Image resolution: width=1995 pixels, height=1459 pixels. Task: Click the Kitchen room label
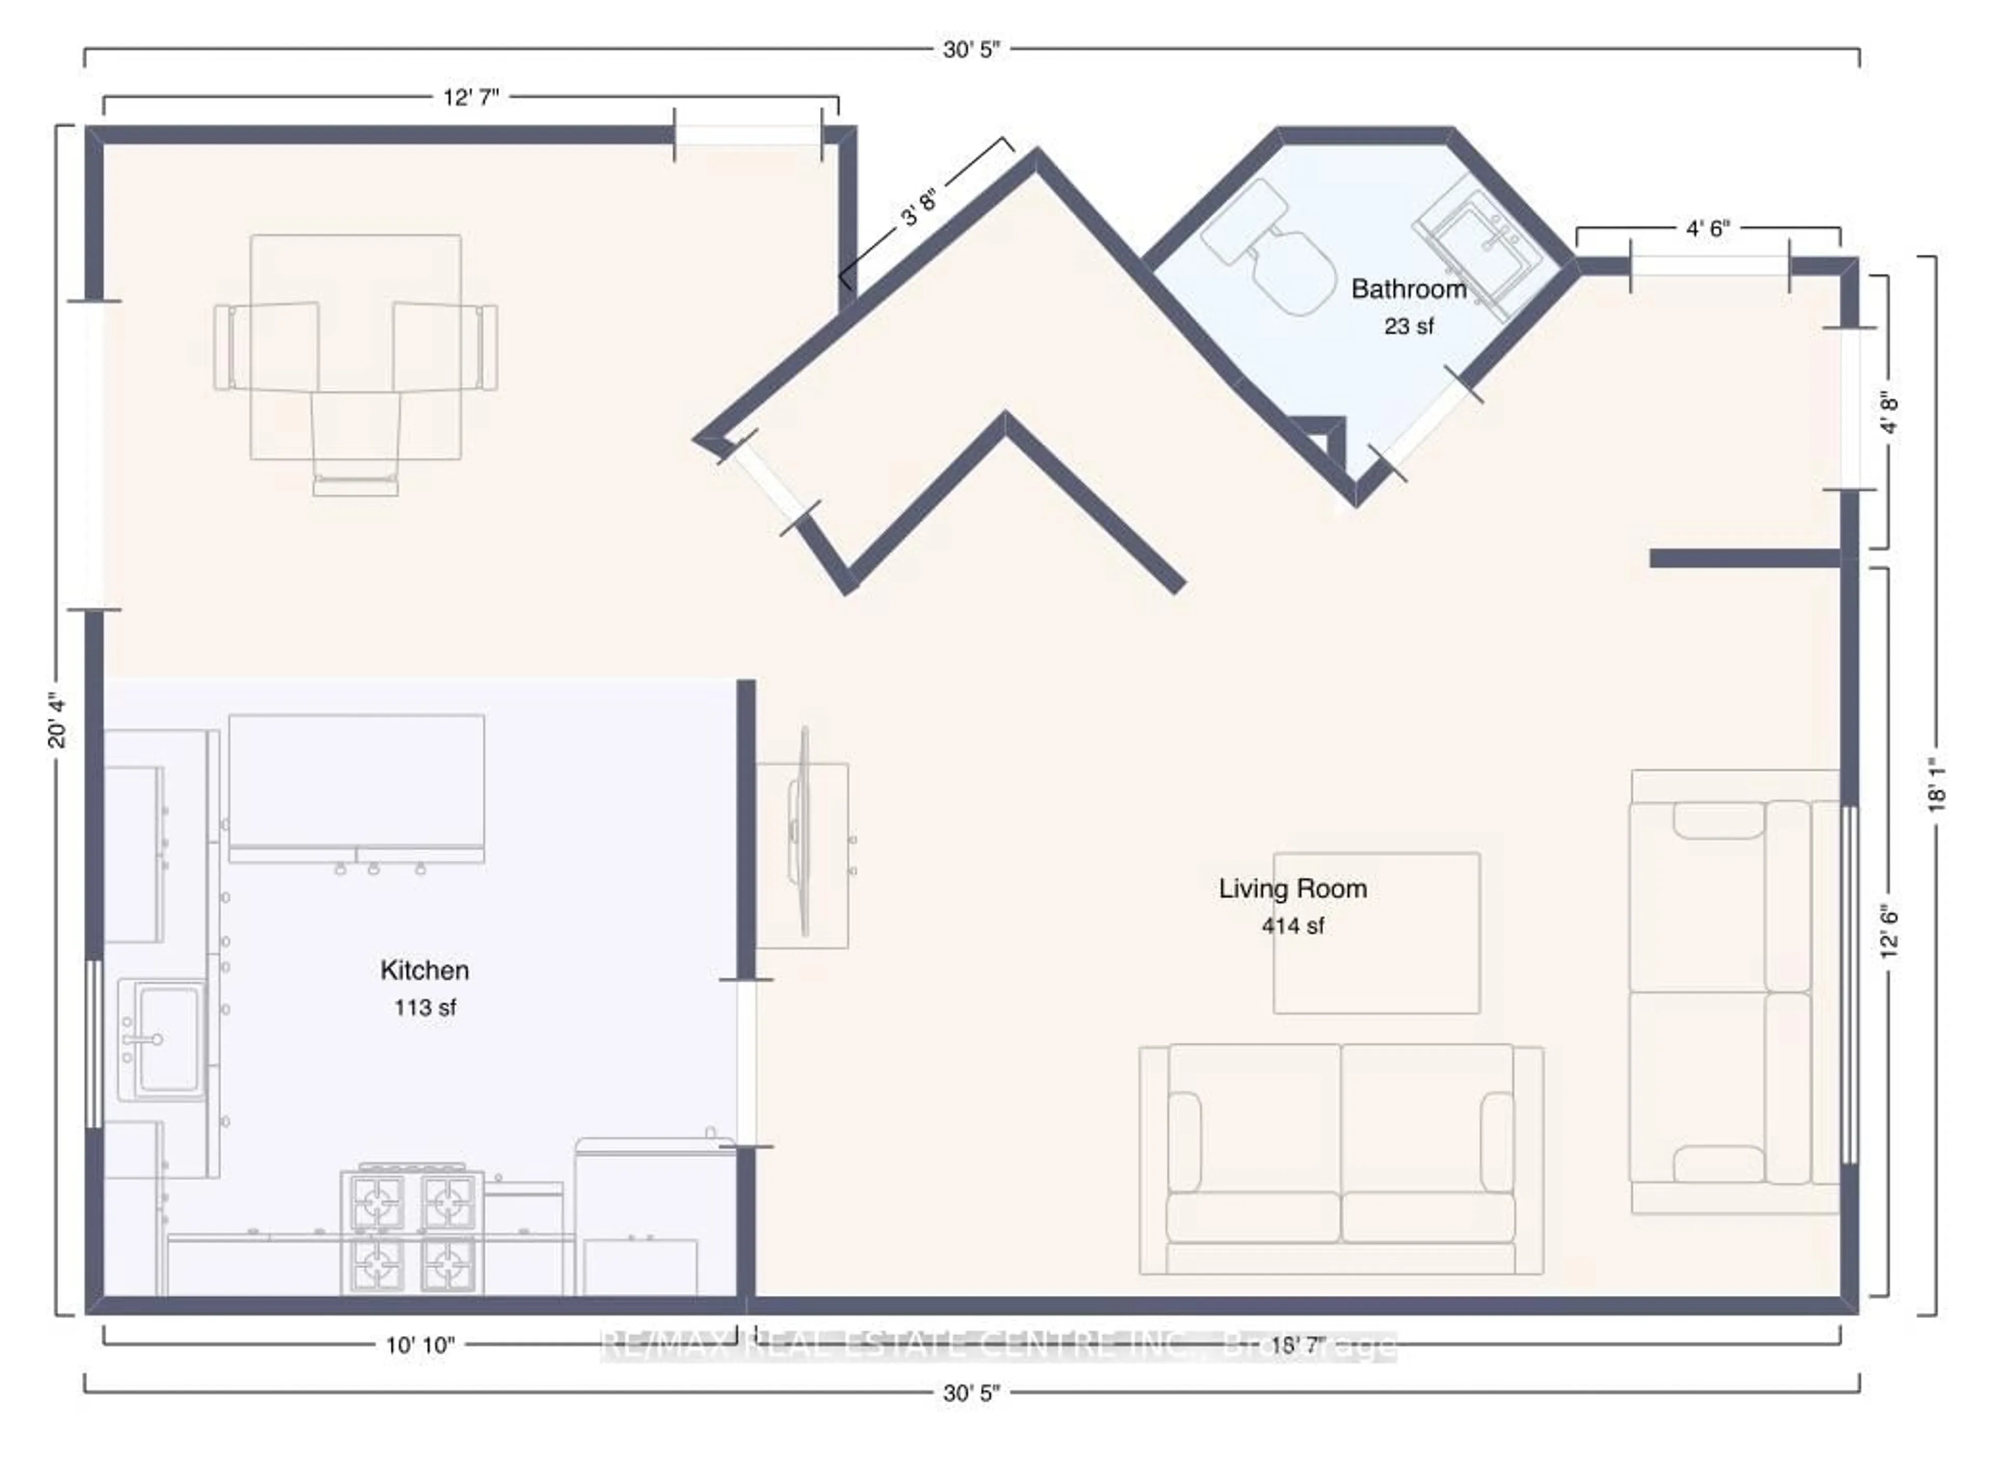click(x=424, y=970)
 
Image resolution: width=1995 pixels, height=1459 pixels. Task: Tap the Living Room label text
click(x=1293, y=888)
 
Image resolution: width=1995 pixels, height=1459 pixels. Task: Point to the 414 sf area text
click(x=1293, y=926)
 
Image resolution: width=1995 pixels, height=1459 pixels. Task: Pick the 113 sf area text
click(x=424, y=1008)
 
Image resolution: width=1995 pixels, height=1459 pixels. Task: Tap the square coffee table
click(x=1376, y=932)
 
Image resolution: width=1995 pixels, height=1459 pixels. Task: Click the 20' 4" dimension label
click(x=57, y=721)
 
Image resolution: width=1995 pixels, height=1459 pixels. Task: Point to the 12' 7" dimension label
click(x=471, y=97)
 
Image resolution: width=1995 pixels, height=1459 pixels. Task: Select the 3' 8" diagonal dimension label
click(x=918, y=205)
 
